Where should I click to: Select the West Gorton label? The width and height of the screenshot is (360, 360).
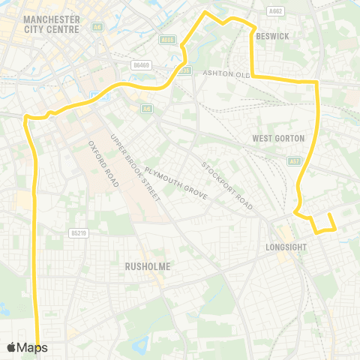278,138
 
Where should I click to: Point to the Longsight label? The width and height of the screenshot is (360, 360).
287,246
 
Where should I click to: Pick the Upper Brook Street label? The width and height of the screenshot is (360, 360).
135,167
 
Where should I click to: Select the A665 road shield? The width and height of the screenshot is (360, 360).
168,40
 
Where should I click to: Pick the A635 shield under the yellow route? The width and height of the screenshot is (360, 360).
186,70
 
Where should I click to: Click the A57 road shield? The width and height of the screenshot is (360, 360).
294,161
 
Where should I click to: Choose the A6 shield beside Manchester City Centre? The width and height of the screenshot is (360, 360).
97,26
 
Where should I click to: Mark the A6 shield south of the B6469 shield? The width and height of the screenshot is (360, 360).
145,109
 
